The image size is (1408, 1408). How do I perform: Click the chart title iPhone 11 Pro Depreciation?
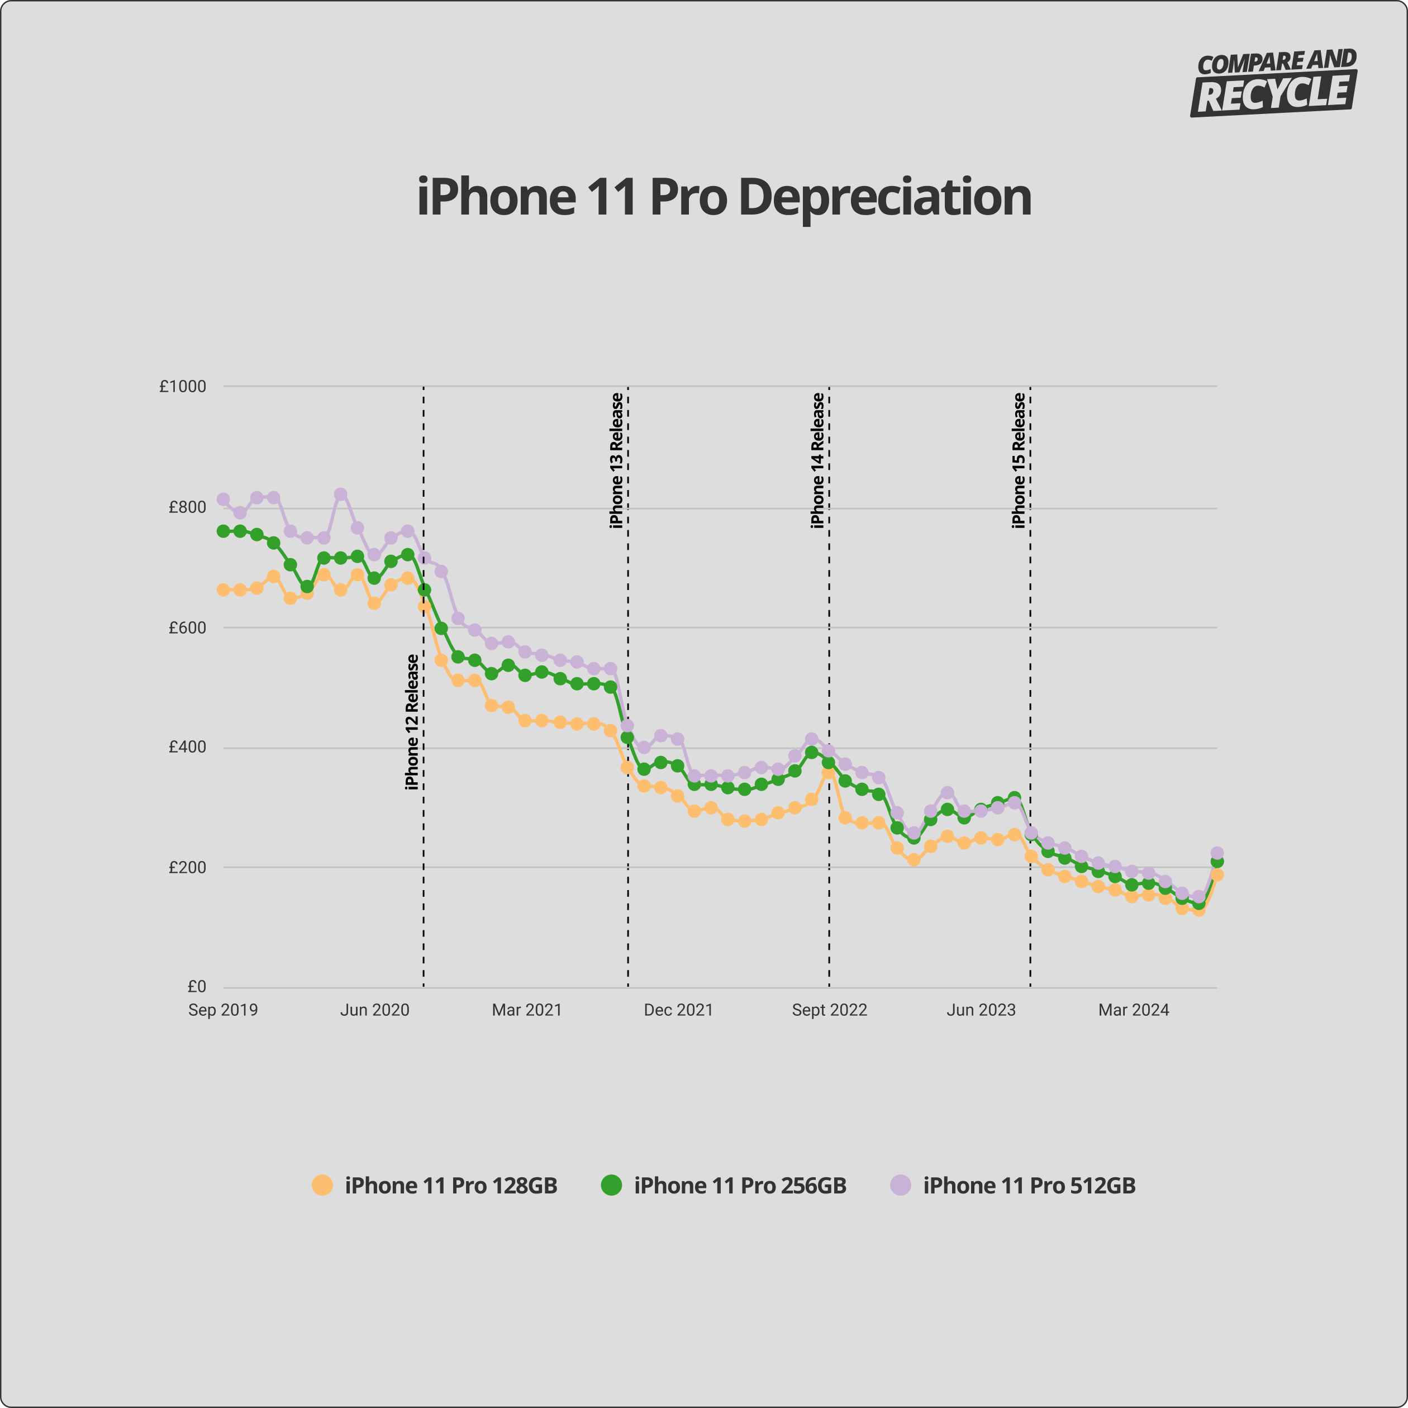point(724,197)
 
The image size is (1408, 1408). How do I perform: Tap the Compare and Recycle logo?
point(1274,82)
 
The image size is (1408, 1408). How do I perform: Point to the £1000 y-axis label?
point(183,386)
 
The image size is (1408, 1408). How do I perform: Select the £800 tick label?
point(187,507)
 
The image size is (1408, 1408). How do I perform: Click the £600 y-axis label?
point(187,627)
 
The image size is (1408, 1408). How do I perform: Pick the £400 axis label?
point(187,747)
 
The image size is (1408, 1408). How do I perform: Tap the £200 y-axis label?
point(187,867)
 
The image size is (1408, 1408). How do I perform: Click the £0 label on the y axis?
point(197,987)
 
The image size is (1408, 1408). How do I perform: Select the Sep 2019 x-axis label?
point(223,1010)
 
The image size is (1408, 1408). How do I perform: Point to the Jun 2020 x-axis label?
point(374,1010)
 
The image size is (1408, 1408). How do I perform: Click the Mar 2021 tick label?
point(527,1010)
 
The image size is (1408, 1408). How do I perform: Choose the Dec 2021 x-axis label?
point(678,1010)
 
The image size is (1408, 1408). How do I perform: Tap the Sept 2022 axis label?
point(829,1010)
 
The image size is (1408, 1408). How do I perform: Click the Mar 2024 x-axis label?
point(1133,1010)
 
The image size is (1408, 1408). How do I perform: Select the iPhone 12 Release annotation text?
point(412,721)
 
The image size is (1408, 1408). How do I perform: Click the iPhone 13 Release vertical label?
point(616,460)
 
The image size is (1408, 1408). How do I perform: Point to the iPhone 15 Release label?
point(1019,460)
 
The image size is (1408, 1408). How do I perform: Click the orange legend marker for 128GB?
point(322,1185)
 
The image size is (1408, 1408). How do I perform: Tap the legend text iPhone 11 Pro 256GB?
point(740,1186)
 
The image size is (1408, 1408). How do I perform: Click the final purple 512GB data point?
point(1217,853)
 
